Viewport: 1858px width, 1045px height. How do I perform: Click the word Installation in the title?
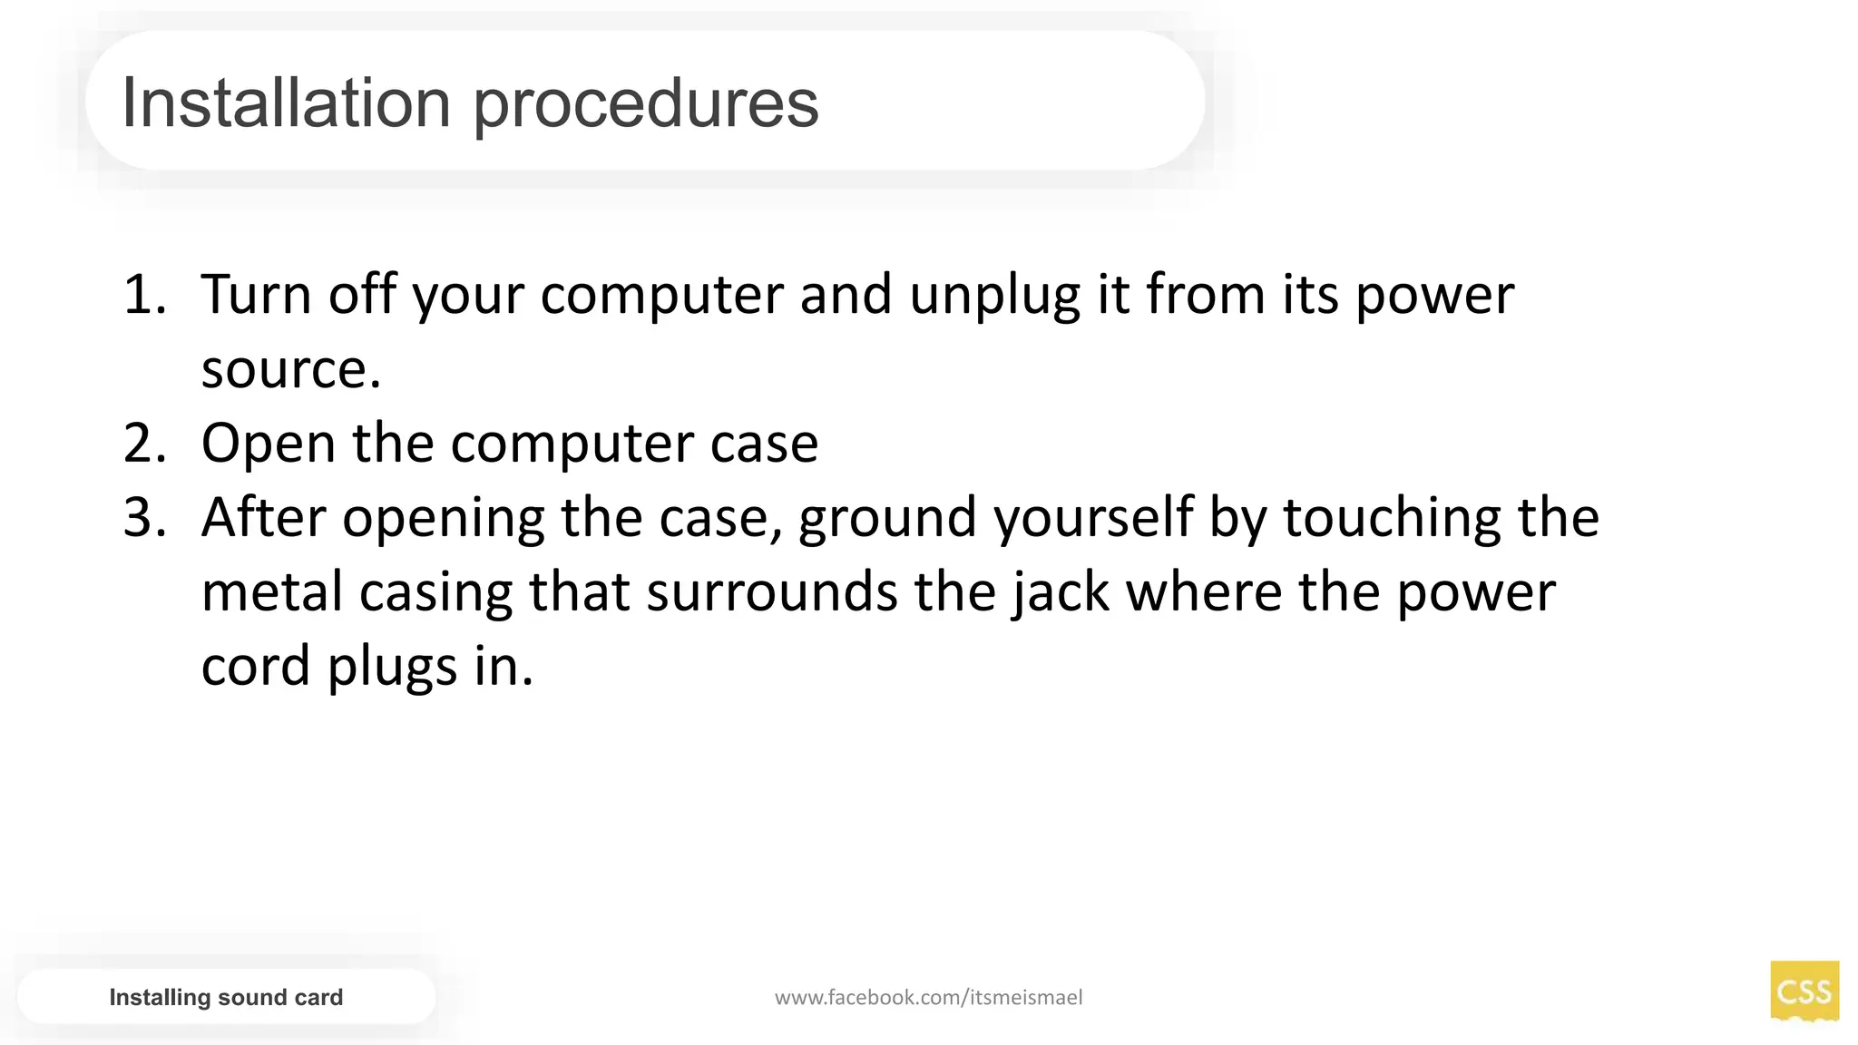pos(286,103)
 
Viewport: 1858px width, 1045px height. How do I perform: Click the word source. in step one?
pos(291,370)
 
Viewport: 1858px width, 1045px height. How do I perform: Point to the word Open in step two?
pos(269,444)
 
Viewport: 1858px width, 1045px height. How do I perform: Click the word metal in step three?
pos(271,592)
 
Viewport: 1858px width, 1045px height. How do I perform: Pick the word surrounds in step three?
pos(771,592)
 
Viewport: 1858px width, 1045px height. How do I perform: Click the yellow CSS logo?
pos(1804,991)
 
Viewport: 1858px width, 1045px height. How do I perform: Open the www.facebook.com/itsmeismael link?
pos(928,998)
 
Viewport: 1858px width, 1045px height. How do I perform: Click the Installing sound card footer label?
pos(226,997)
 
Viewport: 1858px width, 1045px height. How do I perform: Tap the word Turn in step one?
pos(256,295)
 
